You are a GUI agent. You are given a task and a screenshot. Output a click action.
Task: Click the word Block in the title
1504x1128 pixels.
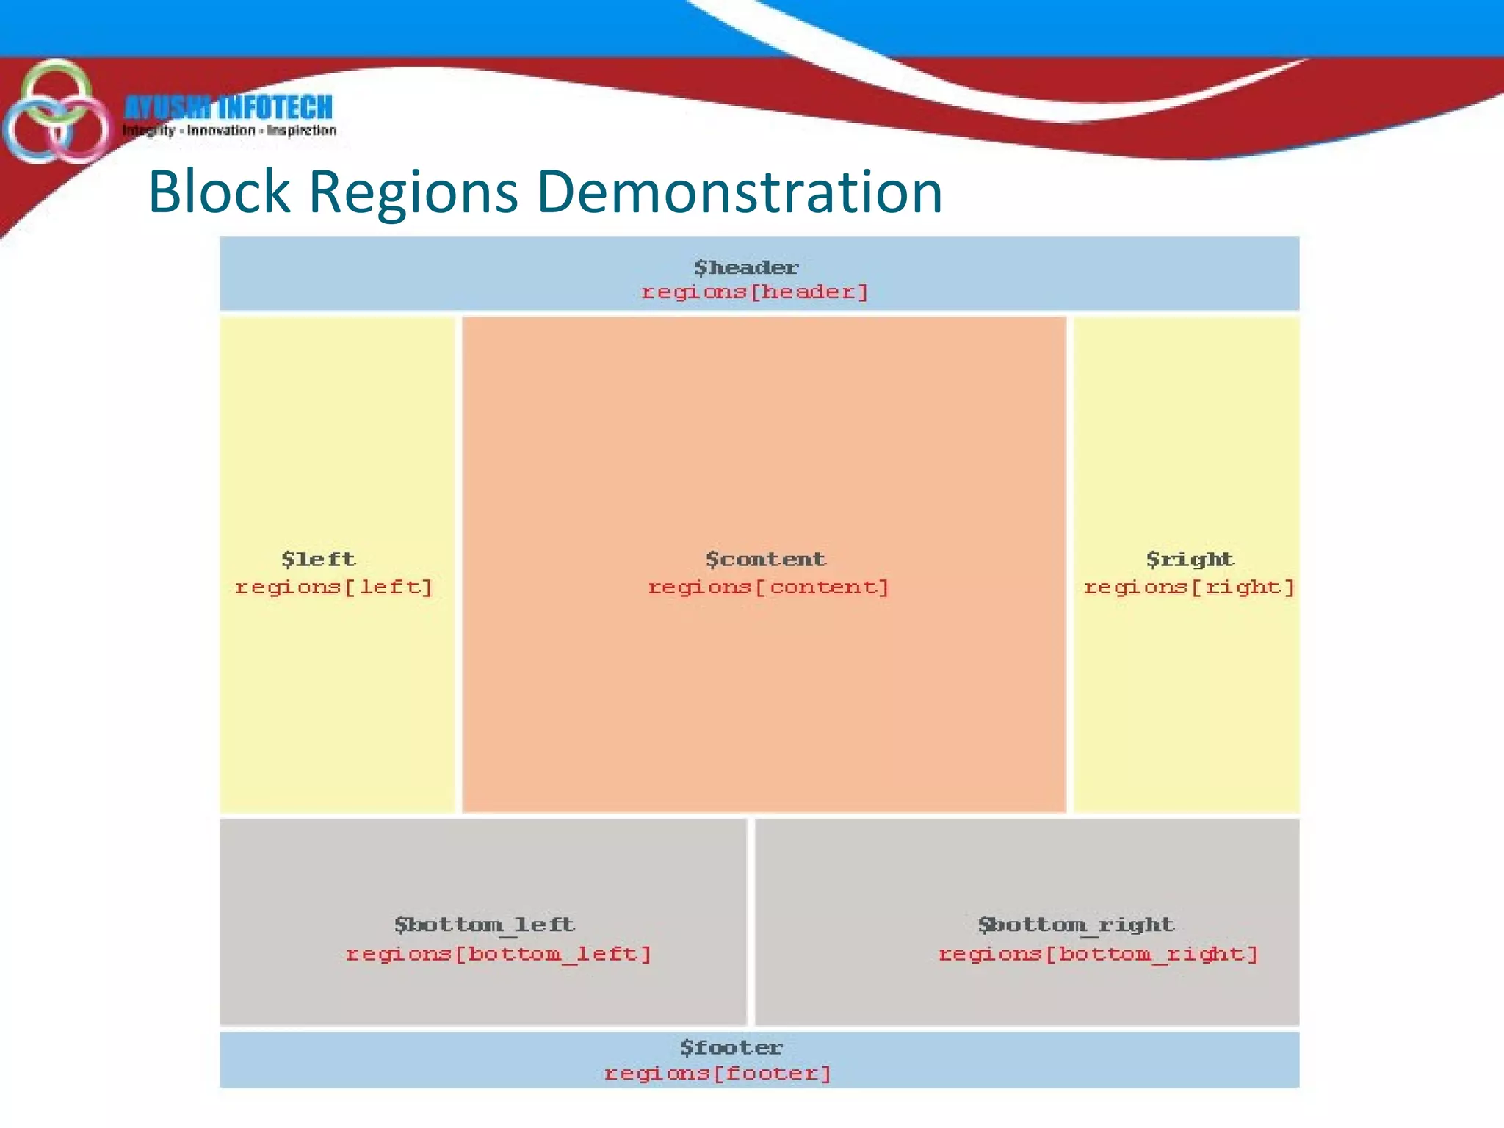click(x=219, y=192)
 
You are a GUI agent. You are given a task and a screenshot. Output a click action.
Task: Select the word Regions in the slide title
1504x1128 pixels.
click(x=413, y=193)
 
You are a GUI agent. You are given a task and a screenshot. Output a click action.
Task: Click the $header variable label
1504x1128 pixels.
click(x=746, y=267)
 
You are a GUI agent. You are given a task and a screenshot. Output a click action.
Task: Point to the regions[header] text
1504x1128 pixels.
click(x=755, y=292)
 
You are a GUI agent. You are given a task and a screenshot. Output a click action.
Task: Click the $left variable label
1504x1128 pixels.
click(x=319, y=560)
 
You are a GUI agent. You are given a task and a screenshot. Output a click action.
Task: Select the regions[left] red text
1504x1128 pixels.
click(x=334, y=587)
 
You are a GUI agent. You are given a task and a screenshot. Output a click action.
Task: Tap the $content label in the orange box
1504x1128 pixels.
click(x=765, y=560)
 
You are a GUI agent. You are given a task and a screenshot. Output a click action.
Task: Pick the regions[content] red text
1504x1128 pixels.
click(x=768, y=587)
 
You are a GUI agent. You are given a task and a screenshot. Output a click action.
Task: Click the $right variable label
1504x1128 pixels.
click(x=1190, y=560)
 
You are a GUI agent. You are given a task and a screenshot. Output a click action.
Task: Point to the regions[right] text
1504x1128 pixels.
click(x=1190, y=587)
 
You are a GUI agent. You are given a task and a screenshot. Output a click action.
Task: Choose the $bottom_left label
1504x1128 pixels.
click(x=484, y=925)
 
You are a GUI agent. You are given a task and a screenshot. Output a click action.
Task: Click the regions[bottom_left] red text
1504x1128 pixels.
click(x=499, y=954)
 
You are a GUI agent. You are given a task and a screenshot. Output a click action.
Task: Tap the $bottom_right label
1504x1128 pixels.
click(x=1076, y=925)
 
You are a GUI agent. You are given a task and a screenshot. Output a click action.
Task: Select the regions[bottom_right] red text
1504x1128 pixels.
click(x=1099, y=954)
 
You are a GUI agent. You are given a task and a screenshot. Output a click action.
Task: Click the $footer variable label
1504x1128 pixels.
click(x=731, y=1047)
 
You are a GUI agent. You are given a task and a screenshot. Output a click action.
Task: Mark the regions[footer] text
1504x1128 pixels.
click(x=717, y=1074)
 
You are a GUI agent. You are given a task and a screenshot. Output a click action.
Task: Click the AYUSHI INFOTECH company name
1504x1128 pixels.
click(x=228, y=108)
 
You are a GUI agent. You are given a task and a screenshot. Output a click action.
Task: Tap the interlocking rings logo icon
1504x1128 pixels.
click(x=55, y=114)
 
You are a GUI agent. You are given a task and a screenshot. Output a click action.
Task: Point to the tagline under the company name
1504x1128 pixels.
click(x=229, y=131)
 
